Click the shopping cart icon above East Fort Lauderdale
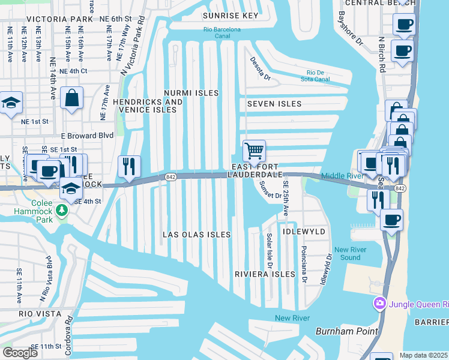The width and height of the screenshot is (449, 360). pos(254,151)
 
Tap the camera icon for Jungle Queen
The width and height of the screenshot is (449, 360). pos(379,304)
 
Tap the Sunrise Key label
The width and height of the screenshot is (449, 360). pos(231,16)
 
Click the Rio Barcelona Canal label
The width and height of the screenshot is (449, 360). pos(221,32)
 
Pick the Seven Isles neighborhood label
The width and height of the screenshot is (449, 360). pos(274,104)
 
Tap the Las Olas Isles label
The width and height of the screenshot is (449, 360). pos(197,235)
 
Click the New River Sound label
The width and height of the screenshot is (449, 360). pos(347,254)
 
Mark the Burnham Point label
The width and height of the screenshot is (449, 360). pos(347,331)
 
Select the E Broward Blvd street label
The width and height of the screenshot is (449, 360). pos(86,136)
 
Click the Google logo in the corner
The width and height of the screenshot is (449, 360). pos(20,352)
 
